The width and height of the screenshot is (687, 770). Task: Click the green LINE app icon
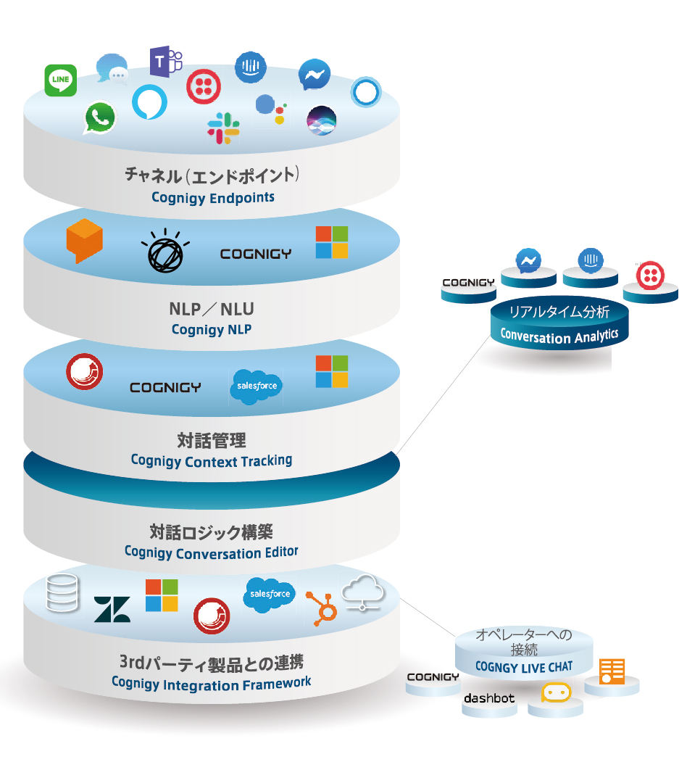[61, 80]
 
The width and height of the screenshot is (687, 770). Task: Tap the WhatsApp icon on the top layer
[99, 118]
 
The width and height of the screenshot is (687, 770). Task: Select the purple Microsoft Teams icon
[165, 61]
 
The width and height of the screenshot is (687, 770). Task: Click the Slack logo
[224, 127]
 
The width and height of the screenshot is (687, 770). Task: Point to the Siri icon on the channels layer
[321, 120]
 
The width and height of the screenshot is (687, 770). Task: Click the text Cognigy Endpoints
[212, 197]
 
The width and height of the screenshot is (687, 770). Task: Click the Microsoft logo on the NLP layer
[331, 242]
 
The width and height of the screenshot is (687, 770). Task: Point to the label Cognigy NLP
[212, 329]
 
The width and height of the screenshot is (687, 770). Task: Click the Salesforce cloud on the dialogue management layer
[255, 386]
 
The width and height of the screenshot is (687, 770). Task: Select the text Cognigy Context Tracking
[212, 460]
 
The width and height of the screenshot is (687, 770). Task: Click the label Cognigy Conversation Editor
[212, 552]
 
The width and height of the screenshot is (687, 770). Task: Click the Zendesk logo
[112, 609]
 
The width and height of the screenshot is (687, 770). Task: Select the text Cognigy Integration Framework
[212, 682]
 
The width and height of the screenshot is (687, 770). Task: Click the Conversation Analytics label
[559, 335]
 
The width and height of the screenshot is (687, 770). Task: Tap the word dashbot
[489, 699]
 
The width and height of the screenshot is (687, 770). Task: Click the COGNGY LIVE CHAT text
[523, 666]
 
